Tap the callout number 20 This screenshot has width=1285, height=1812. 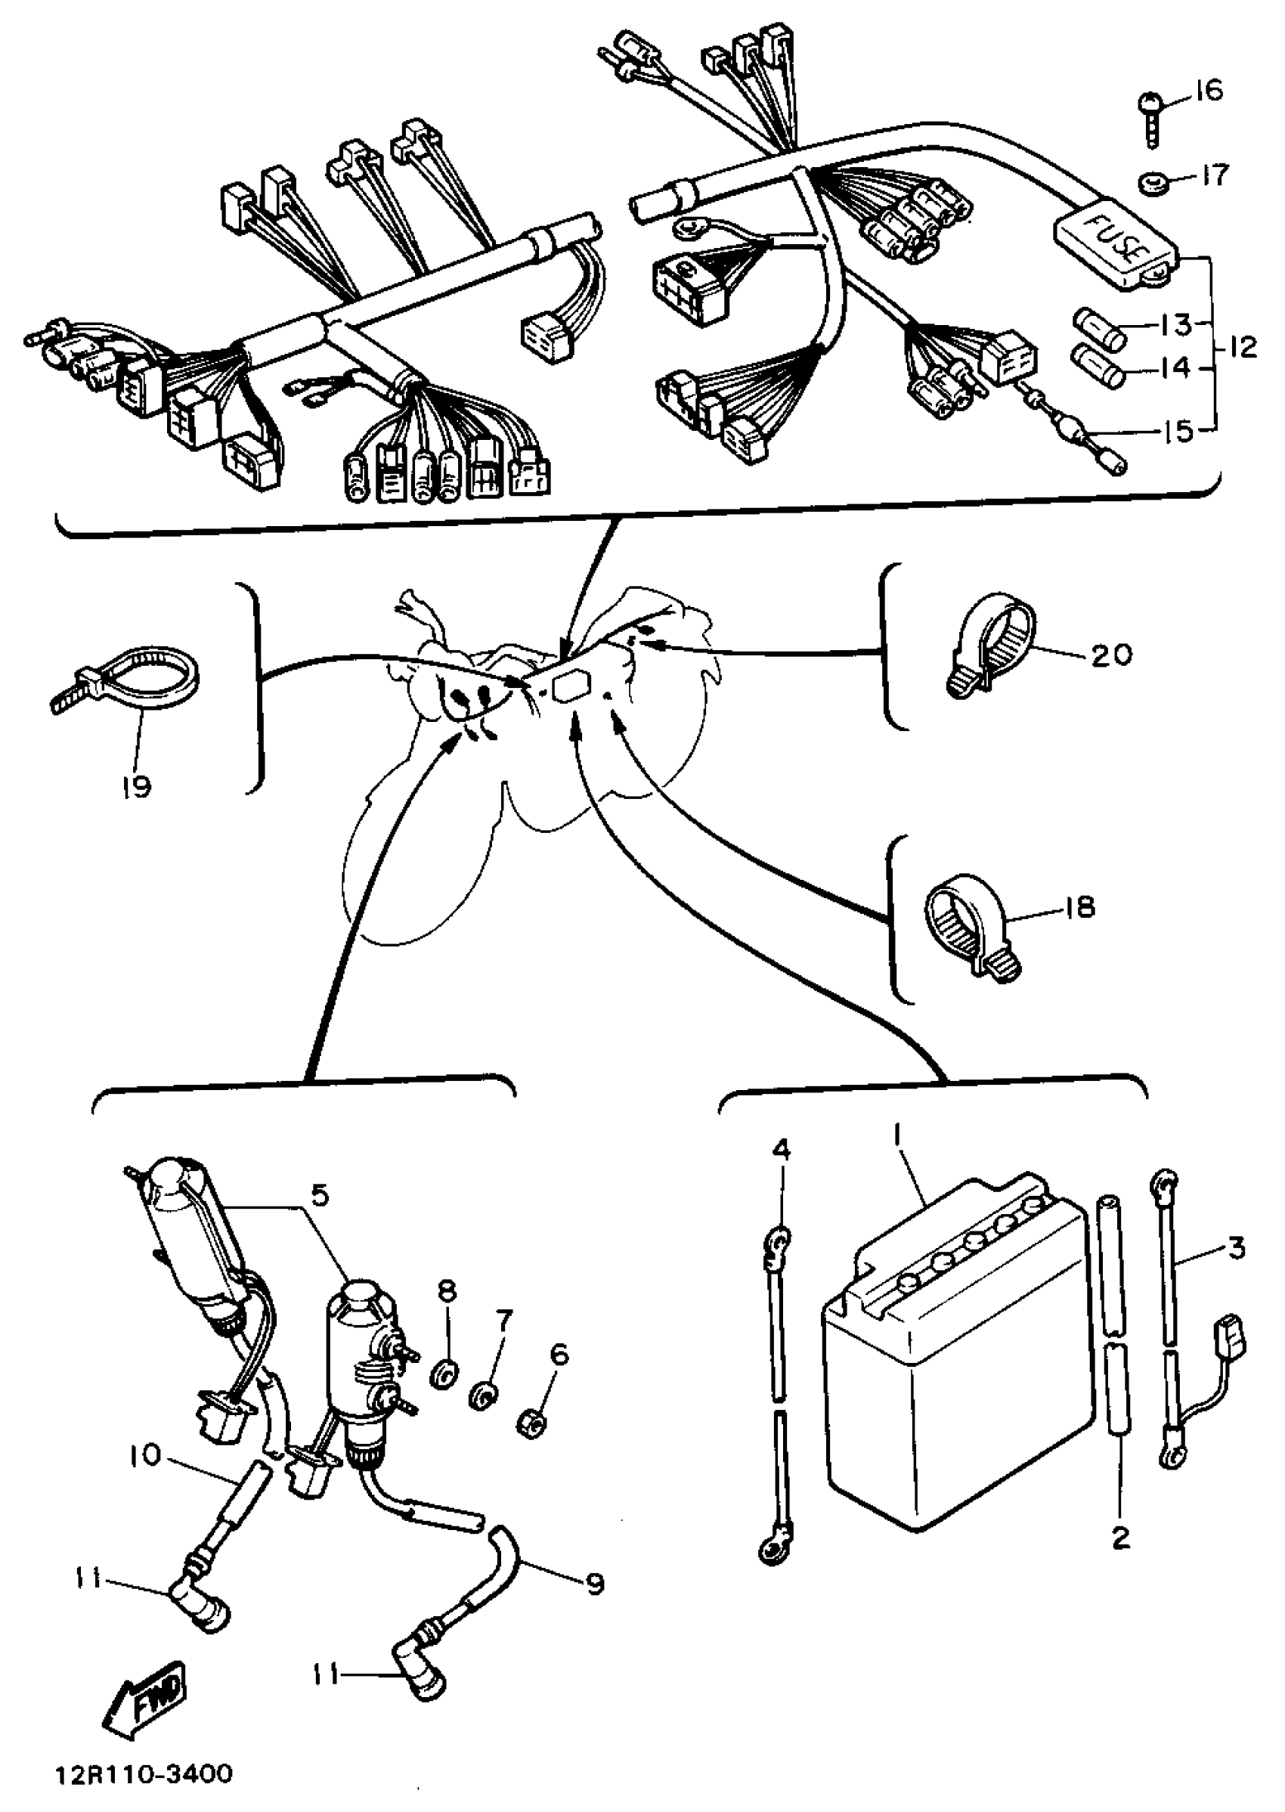click(x=1111, y=655)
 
